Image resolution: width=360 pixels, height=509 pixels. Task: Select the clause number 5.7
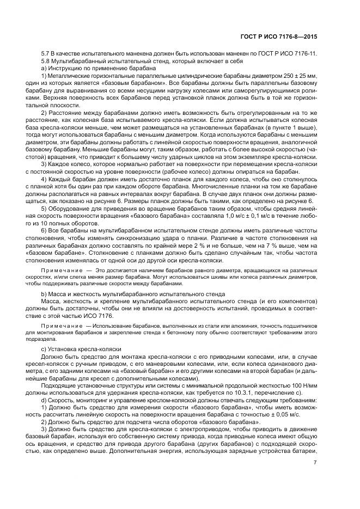coord(46,53)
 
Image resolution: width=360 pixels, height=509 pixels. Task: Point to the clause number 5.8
coord(46,60)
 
